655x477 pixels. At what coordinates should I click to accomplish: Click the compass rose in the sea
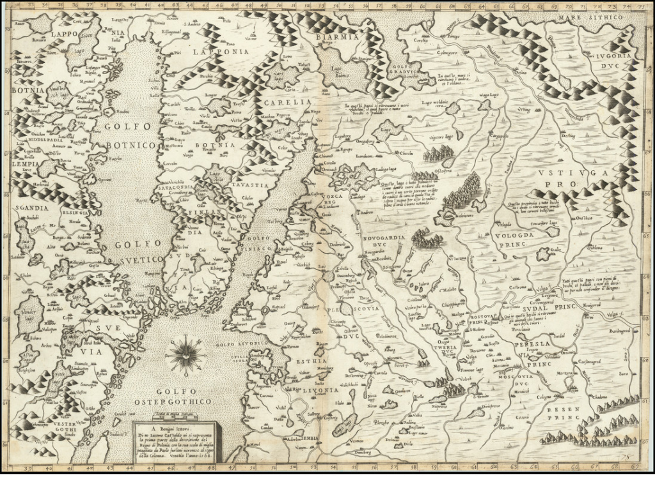pos(185,355)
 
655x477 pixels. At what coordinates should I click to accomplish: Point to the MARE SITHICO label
pos(590,19)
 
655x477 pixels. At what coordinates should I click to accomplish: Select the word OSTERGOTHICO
pos(173,401)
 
